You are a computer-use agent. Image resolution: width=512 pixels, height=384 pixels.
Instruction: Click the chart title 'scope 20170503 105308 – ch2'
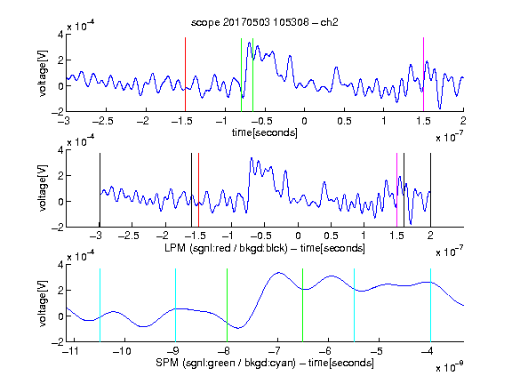point(265,22)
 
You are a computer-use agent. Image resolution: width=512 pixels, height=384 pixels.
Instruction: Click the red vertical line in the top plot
point(185,75)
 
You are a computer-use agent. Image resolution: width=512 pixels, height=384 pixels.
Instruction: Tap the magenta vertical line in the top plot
point(423,75)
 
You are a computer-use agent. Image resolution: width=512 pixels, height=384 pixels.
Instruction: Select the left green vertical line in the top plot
point(241,75)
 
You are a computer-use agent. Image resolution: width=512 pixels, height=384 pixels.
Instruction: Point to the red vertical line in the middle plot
point(198,190)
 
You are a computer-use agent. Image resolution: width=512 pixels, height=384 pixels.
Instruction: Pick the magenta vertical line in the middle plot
point(396,190)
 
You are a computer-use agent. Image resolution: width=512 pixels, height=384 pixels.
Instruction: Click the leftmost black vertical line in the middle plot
point(100,190)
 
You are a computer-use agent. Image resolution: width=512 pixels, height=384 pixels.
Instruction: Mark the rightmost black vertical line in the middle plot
point(430,190)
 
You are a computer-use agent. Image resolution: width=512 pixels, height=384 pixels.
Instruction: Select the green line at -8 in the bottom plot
point(227,305)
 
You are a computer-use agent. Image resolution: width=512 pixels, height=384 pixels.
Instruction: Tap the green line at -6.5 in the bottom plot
point(303,305)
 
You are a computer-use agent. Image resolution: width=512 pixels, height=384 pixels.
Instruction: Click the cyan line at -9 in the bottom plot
point(175,305)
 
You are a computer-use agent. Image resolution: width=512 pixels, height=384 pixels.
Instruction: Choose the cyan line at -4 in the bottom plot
point(430,305)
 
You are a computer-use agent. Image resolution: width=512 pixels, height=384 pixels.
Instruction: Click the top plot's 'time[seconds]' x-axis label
point(265,132)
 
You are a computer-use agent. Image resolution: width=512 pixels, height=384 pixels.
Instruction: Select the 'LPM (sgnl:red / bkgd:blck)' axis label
point(226,248)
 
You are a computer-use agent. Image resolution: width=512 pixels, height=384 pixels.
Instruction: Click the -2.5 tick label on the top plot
point(103,121)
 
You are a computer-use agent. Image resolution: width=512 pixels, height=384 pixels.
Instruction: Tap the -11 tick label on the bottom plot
point(70,351)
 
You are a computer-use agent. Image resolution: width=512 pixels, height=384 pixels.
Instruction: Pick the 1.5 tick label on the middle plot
point(396,236)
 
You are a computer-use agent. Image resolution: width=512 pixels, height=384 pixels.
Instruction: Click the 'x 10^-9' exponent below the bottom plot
point(449,367)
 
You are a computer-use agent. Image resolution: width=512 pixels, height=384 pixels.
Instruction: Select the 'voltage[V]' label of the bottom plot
point(43,303)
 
